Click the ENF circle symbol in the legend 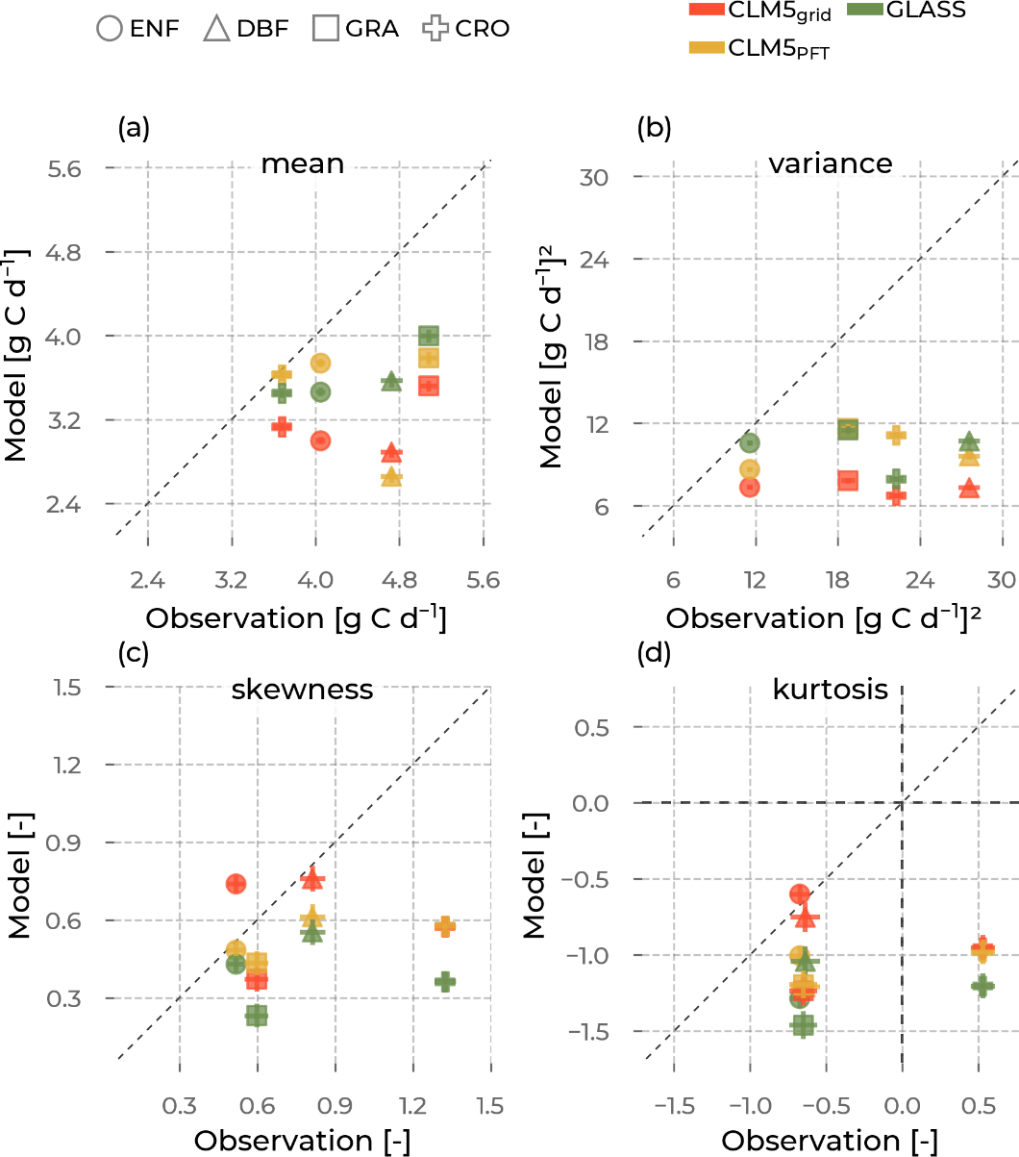(111, 29)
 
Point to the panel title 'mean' (302, 163)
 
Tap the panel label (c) (131, 653)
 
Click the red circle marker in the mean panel (321, 440)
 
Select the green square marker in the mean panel (429, 336)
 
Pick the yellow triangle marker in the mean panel (391, 476)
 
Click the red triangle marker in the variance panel (968, 489)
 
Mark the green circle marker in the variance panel (750, 442)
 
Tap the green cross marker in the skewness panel (444, 982)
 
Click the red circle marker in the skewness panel (236, 883)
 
